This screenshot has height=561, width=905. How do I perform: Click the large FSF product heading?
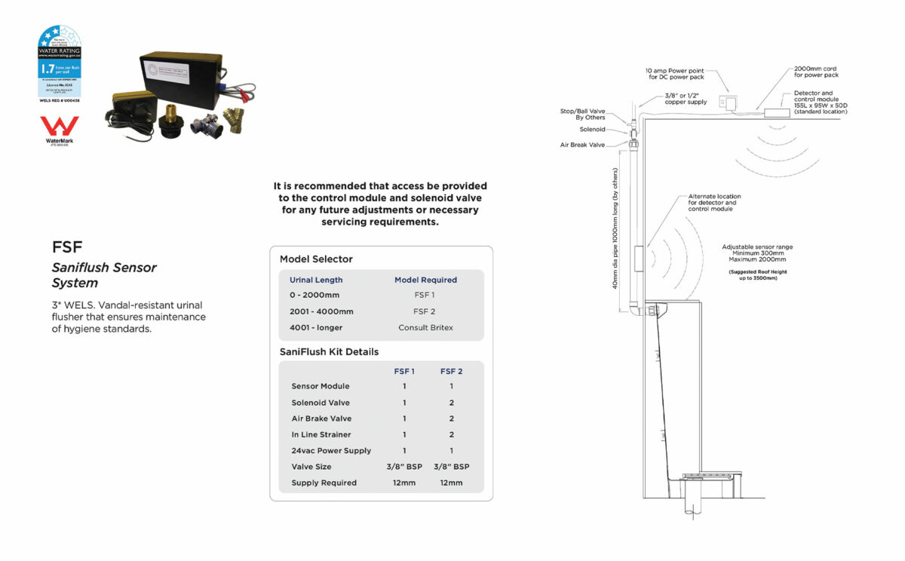[x=67, y=247]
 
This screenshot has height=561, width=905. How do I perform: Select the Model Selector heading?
[x=316, y=259]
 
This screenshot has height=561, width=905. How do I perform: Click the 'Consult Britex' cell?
[x=425, y=327]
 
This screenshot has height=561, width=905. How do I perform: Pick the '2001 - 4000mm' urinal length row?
[x=321, y=311]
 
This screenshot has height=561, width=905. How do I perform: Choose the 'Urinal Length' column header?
[x=316, y=280]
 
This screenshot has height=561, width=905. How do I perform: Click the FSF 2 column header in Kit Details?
[x=451, y=371]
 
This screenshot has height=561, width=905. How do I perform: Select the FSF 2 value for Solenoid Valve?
[x=451, y=403]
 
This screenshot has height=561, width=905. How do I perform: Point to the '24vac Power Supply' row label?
[x=331, y=450]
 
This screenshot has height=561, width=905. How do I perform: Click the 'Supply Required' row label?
[x=324, y=483]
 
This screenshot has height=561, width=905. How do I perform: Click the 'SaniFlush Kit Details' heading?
[x=329, y=351]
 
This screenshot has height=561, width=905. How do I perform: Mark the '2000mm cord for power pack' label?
[x=816, y=72]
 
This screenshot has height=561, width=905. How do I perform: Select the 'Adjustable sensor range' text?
[x=757, y=247]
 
